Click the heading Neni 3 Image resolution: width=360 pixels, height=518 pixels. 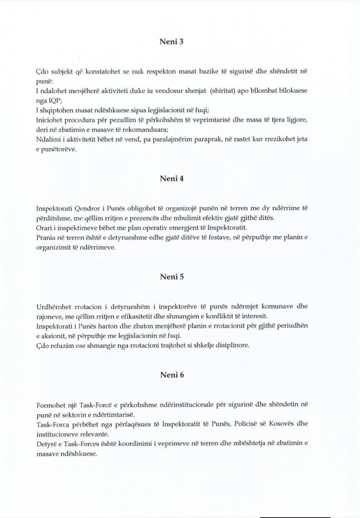[171, 42]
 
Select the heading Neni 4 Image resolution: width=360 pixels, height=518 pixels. [171, 178]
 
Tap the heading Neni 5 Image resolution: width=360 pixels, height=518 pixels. [171, 277]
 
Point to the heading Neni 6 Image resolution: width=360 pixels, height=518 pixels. [172, 375]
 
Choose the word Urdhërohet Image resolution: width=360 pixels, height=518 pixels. [54, 307]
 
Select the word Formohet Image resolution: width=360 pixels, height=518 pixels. [50, 405]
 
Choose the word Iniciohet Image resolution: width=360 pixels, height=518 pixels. [49, 120]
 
